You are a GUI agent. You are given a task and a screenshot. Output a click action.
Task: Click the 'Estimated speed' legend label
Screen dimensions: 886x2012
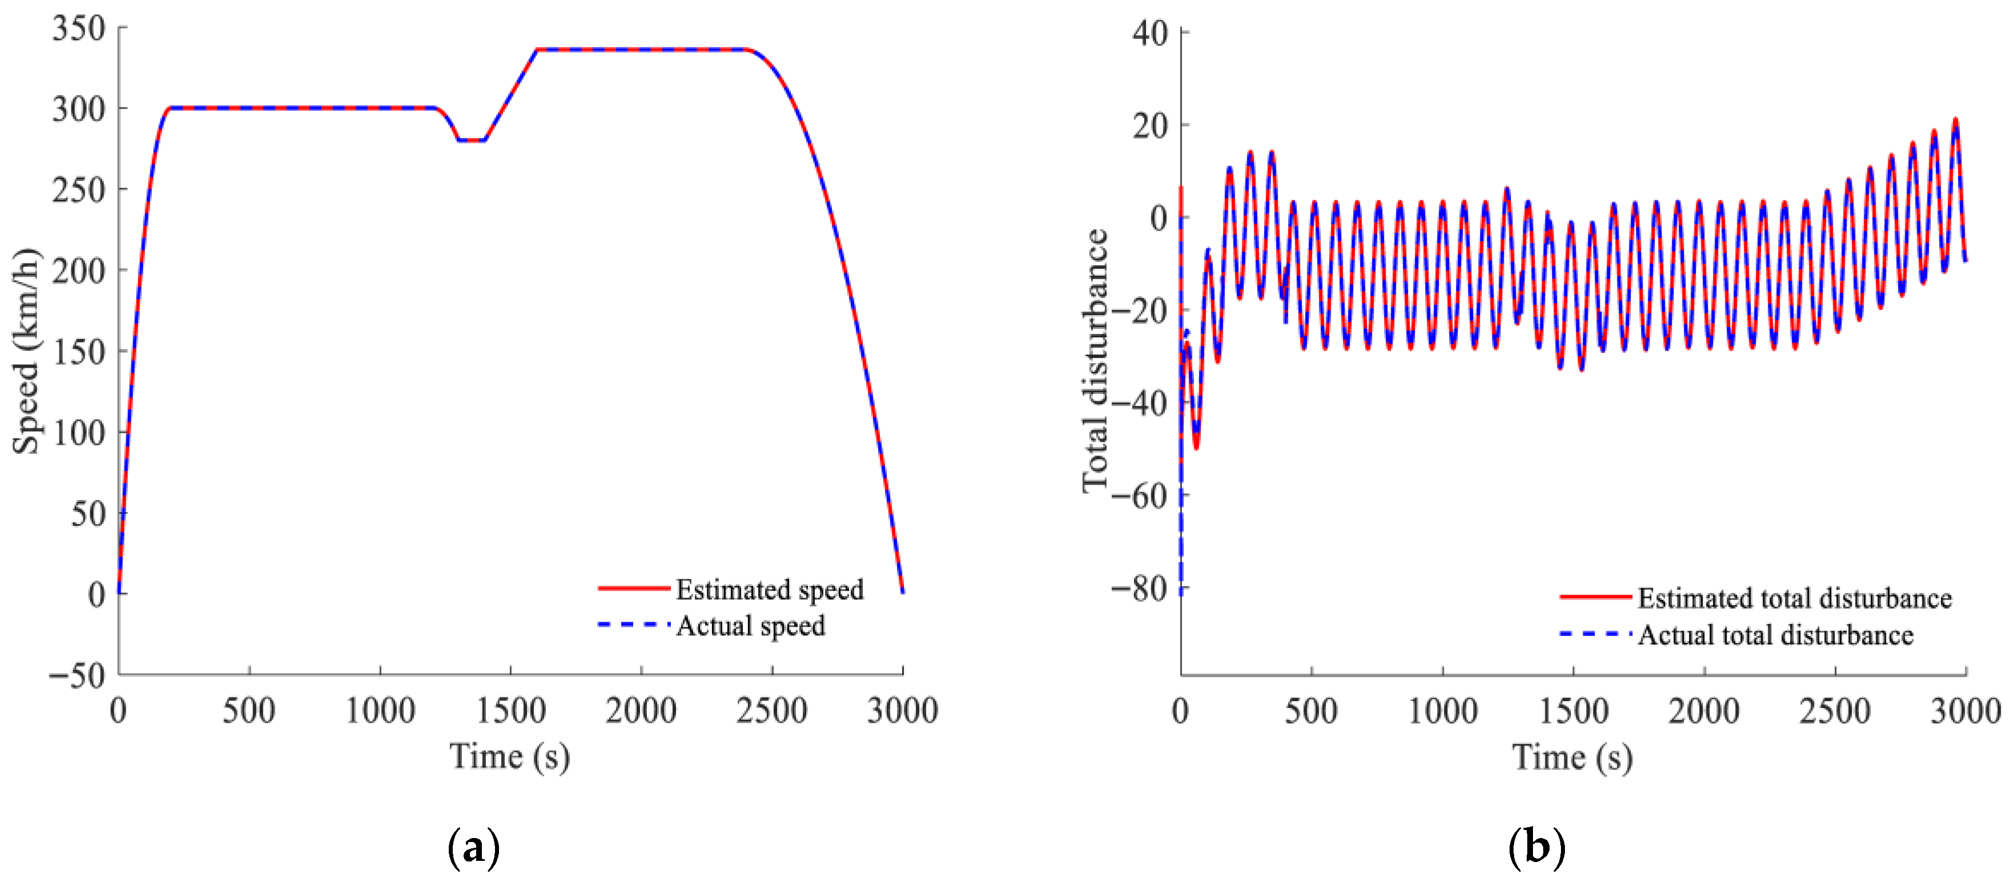tap(769, 589)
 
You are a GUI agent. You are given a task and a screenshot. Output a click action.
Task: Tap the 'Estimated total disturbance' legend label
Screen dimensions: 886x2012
tap(1794, 598)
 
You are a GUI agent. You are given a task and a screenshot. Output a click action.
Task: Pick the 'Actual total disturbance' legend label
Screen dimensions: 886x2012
tap(1775, 634)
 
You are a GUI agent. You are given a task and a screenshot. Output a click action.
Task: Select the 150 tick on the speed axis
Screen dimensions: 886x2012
tap(79, 351)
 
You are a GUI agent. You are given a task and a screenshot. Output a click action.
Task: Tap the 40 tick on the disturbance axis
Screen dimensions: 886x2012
tap(1150, 33)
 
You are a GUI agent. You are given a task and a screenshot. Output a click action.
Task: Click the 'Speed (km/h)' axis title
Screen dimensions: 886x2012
tap(25, 351)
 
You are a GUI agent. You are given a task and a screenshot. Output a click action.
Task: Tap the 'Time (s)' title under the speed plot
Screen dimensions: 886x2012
tap(509, 756)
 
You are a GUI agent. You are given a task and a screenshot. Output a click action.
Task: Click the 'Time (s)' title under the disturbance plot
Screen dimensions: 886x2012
tap(1572, 757)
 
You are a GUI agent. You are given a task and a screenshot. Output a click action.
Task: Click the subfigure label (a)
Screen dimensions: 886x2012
tap(473, 847)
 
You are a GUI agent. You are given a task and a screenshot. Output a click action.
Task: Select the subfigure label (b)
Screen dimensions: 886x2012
tap(1537, 847)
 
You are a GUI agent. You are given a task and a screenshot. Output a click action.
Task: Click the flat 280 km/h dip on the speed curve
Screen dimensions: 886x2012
tap(472, 140)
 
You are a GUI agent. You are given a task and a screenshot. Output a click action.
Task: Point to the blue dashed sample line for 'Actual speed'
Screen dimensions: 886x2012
tap(633, 625)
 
